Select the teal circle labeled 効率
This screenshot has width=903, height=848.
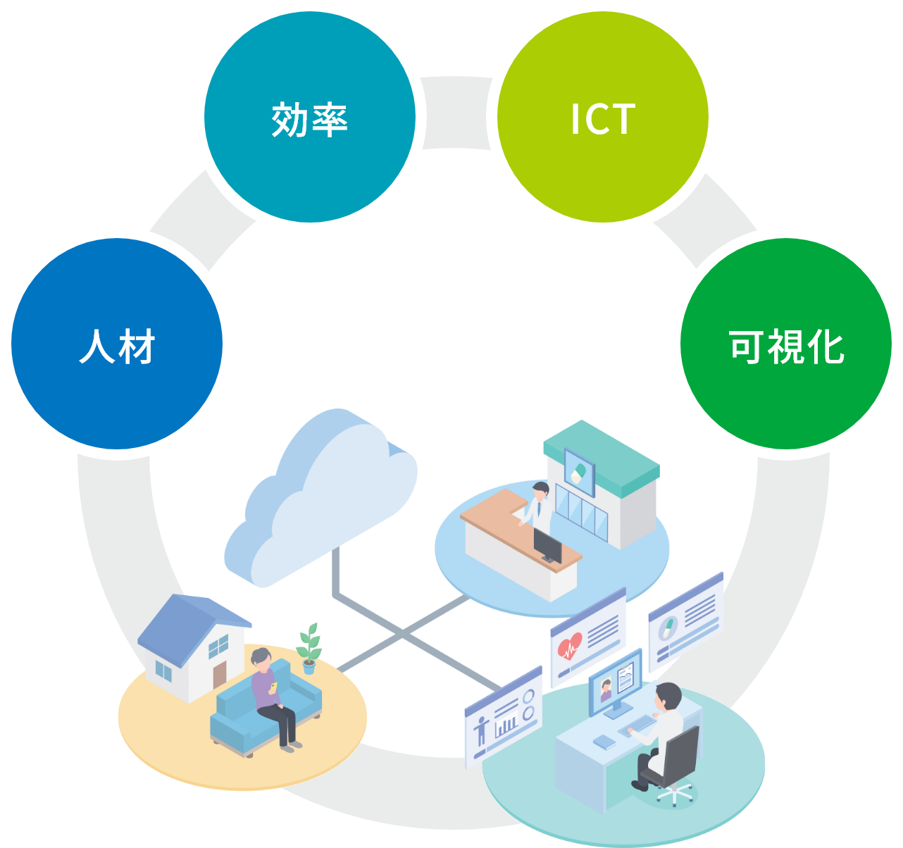310,118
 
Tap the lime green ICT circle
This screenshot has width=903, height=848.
603,118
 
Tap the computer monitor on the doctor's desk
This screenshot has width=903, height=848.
615,683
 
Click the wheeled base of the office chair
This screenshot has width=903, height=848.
675,794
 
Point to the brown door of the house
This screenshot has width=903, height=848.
220,673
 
